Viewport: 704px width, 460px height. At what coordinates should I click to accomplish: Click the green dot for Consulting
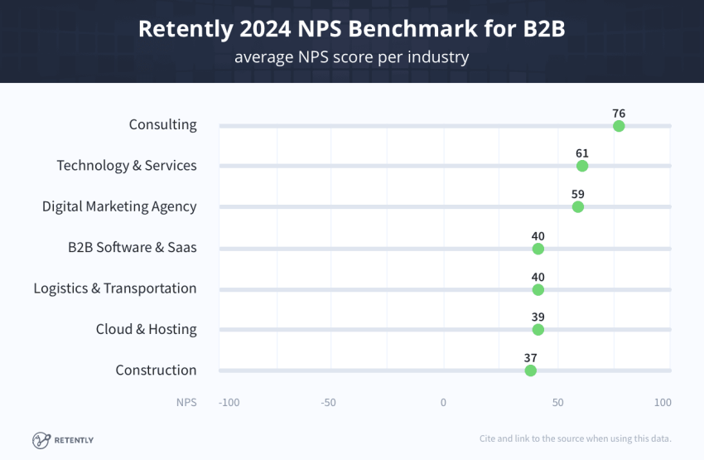pyautogui.click(x=619, y=126)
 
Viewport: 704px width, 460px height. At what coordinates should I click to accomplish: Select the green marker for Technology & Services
pyautogui.click(x=582, y=166)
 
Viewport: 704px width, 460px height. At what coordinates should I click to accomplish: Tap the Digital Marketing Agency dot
pyautogui.click(x=578, y=207)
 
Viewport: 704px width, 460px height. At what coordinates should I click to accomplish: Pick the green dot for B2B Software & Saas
pyautogui.click(x=538, y=249)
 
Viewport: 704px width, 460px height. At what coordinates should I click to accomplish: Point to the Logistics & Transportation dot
pyautogui.click(x=538, y=290)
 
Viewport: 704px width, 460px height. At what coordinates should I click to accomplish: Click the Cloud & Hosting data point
pyautogui.click(x=538, y=330)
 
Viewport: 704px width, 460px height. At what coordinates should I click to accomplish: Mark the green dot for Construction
pyautogui.click(x=530, y=370)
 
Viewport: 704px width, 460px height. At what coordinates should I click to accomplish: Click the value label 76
pyautogui.click(x=619, y=114)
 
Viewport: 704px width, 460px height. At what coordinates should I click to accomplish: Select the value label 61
pyautogui.click(x=582, y=153)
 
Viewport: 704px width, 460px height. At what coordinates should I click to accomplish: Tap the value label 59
pyautogui.click(x=578, y=194)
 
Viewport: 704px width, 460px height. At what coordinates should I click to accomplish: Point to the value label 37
pyautogui.click(x=530, y=358)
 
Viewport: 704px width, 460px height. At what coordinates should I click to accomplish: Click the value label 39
pyautogui.click(x=538, y=317)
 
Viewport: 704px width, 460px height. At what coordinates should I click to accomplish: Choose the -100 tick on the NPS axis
pyautogui.click(x=229, y=403)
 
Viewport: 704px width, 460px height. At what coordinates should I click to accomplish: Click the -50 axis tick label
pyautogui.click(x=328, y=403)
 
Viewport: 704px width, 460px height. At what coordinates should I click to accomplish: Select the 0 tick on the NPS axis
pyautogui.click(x=443, y=403)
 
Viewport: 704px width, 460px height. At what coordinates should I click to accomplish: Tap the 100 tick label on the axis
pyautogui.click(x=663, y=403)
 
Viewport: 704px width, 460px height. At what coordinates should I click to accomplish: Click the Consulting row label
pyautogui.click(x=162, y=124)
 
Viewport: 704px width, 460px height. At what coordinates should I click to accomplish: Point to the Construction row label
pyautogui.click(x=156, y=370)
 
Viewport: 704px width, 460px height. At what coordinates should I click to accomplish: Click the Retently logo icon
pyautogui.click(x=41, y=440)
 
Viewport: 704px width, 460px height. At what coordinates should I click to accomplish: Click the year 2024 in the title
pyautogui.click(x=265, y=29)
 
